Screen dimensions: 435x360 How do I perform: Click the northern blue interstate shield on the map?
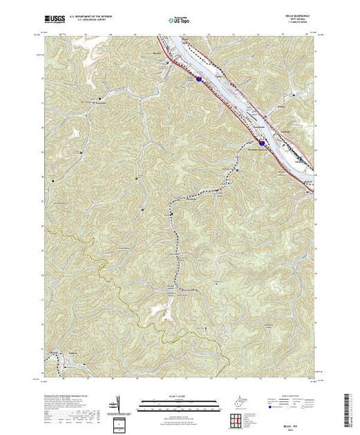pyautogui.click(x=199, y=79)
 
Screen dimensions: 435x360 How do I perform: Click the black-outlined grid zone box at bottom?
pyautogui.click(x=119, y=422)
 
